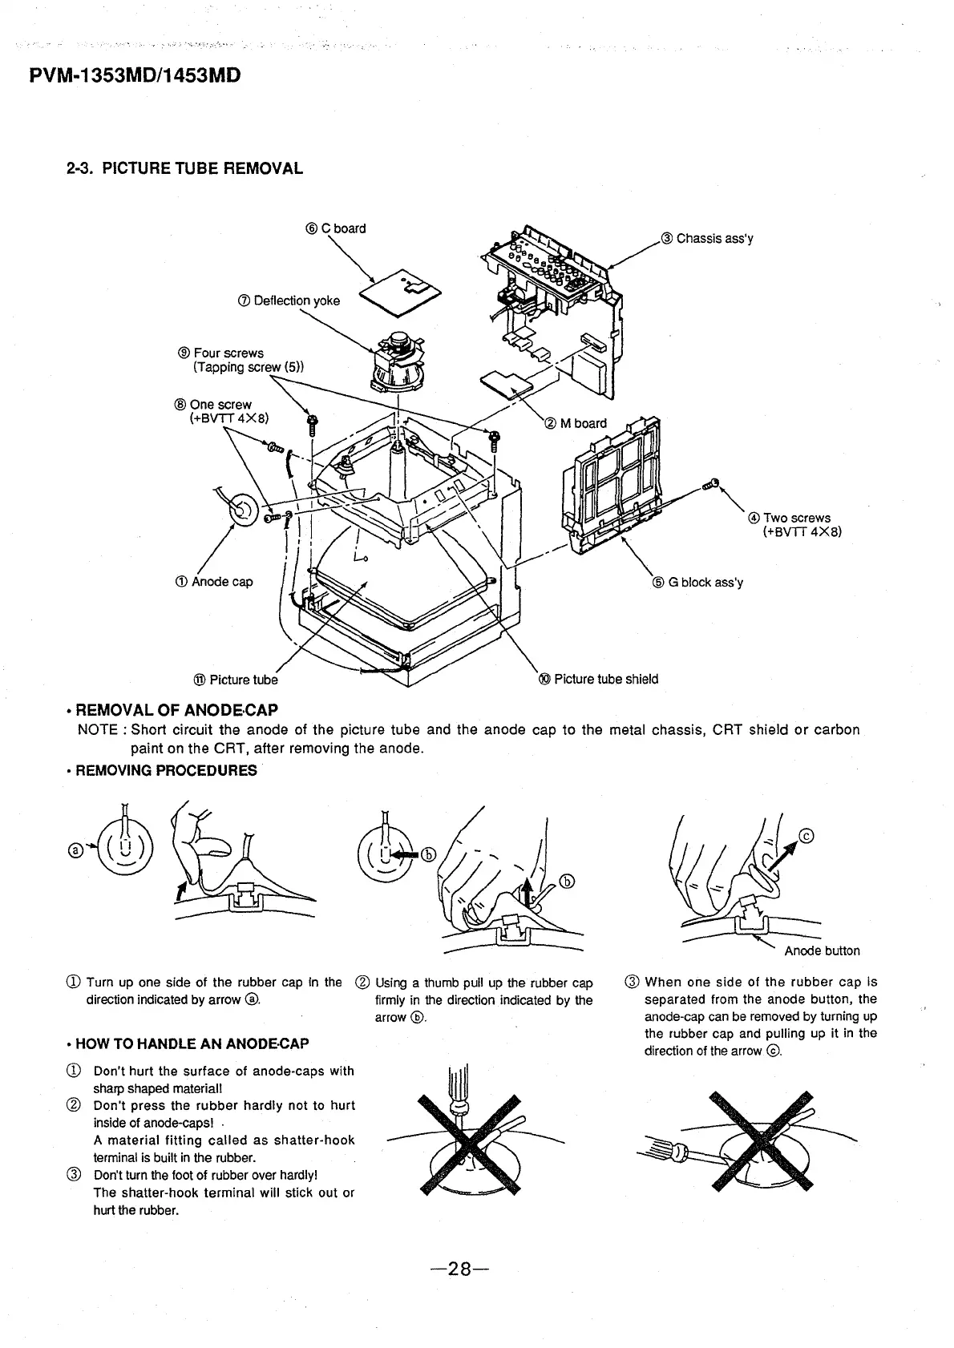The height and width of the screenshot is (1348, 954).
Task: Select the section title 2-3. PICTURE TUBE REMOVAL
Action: (x=184, y=168)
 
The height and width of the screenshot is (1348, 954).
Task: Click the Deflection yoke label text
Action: (x=289, y=301)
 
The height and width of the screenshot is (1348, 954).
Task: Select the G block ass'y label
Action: (x=698, y=582)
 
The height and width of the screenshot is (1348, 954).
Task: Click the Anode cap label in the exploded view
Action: (x=215, y=581)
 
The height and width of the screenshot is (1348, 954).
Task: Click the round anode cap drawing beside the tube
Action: (x=241, y=508)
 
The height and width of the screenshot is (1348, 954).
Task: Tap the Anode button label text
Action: (x=822, y=950)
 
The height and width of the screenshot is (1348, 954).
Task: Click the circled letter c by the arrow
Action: (x=807, y=837)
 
